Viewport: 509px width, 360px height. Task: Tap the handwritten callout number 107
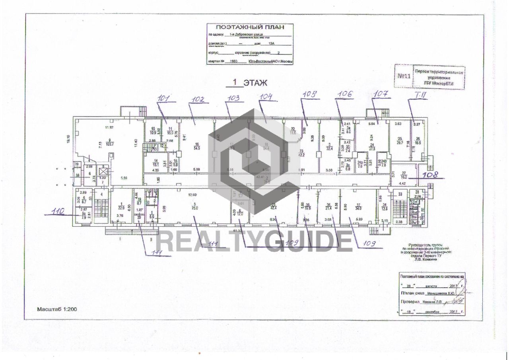[381, 94]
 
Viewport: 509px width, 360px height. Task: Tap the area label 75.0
[194, 208]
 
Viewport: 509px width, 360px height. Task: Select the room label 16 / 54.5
[196, 146]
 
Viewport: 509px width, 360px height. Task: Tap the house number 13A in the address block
[272, 44]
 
